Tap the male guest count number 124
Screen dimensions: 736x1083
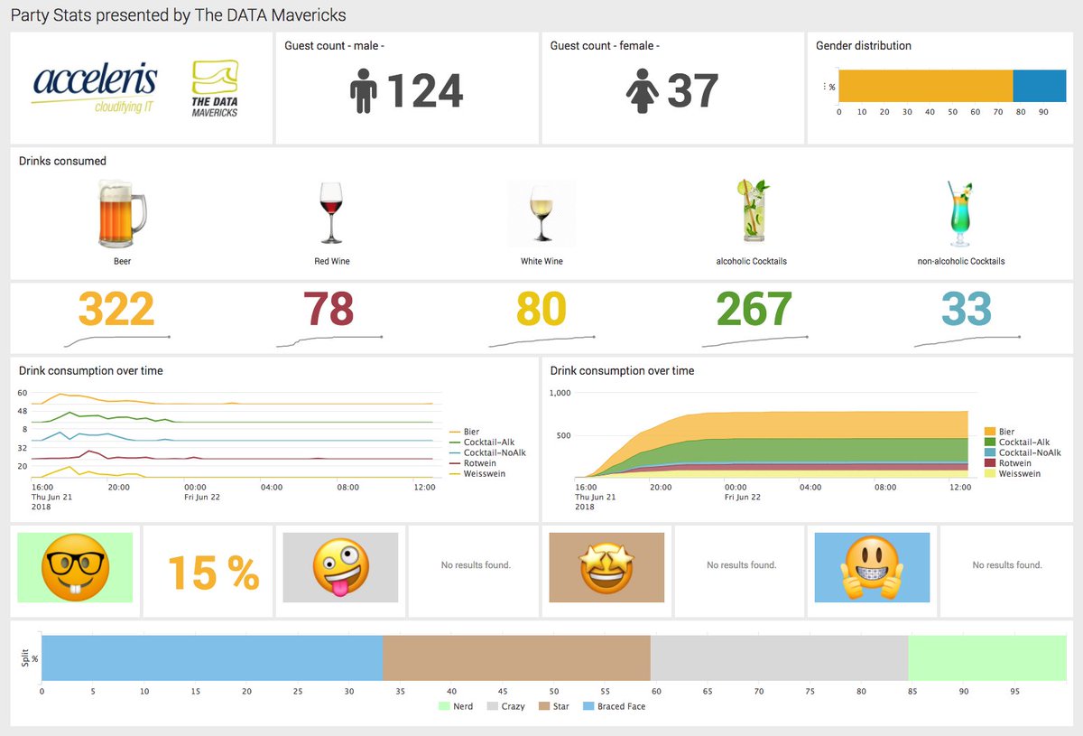tap(424, 91)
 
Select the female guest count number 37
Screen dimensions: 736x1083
tap(692, 91)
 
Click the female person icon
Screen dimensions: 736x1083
tap(641, 91)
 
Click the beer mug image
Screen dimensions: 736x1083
tap(122, 213)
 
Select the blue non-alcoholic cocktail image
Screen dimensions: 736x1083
tap(959, 214)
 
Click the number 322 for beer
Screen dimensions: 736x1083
tap(116, 310)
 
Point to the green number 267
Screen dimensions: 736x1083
tap(754, 310)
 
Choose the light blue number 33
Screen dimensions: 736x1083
tap(967, 310)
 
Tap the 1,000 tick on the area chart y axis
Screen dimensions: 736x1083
tap(560, 393)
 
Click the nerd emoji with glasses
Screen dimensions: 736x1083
tap(75, 568)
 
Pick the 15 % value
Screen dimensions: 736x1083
tap(213, 572)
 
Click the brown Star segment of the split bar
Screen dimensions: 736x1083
tap(516, 657)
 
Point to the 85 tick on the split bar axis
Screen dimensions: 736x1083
tap(912, 691)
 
